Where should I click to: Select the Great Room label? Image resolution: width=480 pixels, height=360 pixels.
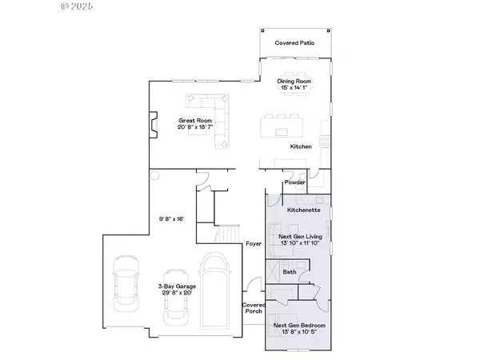pyautogui.click(x=193, y=120)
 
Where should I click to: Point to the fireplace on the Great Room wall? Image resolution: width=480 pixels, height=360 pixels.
pyautogui.click(x=150, y=125)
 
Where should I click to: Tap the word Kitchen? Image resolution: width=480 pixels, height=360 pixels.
pyautogui.click(x=301, y=147)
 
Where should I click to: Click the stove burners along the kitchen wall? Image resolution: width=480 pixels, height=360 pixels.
pyautogui.click(x=325, y=142)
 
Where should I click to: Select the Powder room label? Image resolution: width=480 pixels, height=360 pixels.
pyautogui.click(x=294, y=182)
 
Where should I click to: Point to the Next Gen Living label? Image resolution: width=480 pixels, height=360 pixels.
pyautogui.click(x=299, y=238)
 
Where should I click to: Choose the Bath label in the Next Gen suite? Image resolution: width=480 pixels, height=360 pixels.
pyautogui.click(x=290, y=272)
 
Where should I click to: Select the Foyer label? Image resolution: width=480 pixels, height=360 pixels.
pyautogui.click(x=254, y=243)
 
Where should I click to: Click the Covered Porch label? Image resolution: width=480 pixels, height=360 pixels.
pyautogui.click(x=254, y=309)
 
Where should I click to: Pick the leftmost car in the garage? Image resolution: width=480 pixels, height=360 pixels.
pyautogui.click(x=126, y=279)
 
